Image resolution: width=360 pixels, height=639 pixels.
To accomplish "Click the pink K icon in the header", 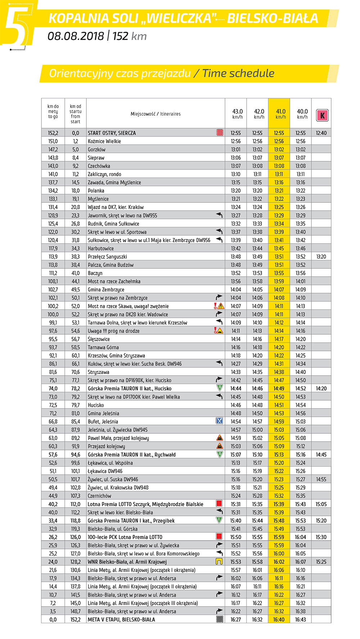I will [322, 115].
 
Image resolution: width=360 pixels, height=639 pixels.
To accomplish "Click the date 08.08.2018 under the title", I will [76, 36].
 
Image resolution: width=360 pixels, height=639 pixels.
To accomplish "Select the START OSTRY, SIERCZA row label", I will [112, 133].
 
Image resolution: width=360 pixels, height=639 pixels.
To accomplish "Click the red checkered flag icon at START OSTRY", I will [220, 133].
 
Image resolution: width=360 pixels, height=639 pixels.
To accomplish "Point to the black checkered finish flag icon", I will [220, 620].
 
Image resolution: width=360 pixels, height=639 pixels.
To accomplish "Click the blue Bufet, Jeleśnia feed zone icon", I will [219, 421].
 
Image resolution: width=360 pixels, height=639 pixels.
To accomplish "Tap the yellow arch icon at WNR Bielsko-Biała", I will [219, 562].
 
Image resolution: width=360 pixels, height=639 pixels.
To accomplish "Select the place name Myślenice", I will [98, 199].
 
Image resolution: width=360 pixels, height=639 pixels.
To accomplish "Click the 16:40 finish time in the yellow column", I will [279, 620].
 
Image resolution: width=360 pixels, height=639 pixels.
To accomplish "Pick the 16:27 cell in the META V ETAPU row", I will [236, 620].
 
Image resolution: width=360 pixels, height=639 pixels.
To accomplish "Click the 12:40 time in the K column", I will [321, 133].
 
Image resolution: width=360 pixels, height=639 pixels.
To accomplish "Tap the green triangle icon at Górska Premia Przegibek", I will [219, 520].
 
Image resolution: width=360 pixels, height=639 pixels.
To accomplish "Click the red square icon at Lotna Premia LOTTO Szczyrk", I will [219, 504].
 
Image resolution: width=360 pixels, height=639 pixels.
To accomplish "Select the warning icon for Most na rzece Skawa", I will [219, 306].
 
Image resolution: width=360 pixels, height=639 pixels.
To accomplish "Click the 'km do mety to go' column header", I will [53, 112].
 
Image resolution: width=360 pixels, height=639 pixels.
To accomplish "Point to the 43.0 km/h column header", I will [237, 114].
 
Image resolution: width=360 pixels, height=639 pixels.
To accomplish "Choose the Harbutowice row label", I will [101, 249].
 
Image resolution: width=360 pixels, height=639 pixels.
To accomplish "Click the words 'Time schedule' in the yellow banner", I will [238, 73].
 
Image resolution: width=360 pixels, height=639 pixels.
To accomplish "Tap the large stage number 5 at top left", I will [16, 25].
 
